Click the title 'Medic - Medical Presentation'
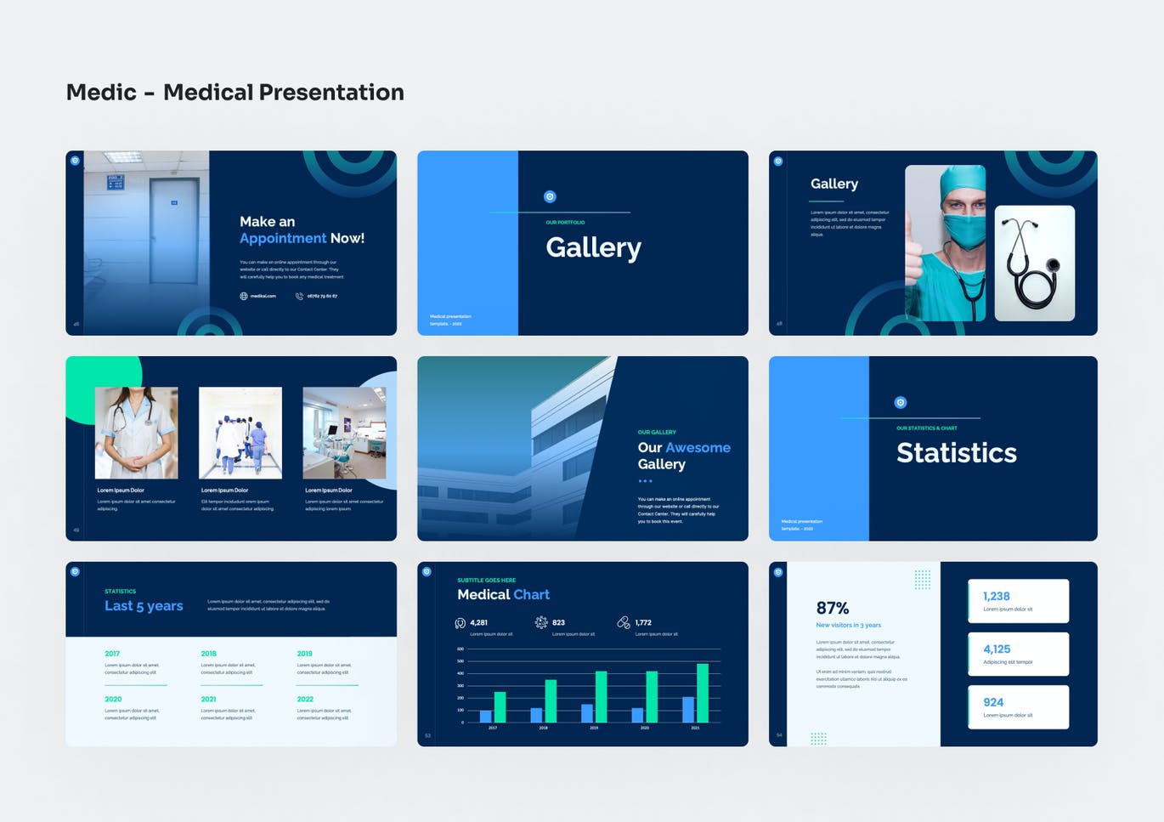(234, 92)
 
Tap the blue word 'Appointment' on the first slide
(283, 239)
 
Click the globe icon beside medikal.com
(244, 297)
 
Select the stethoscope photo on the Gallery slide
(1034, 263)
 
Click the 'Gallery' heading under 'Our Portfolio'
(593, 247)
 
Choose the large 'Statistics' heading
(956, 453)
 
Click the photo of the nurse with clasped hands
(137, 433)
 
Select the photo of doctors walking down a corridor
(240, 433)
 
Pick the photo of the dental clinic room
(344, 433)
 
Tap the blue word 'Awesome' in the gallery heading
(698, 448)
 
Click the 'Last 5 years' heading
(144, 606)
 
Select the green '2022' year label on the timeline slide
(305, 699)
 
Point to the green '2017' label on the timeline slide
(112, 654)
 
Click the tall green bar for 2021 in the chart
(702, 693)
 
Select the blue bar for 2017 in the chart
(485, 716)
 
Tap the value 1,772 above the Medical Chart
(643, 622)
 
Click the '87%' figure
(832, 608)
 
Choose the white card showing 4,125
(1018, 654)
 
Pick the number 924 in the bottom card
(993, 702)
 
